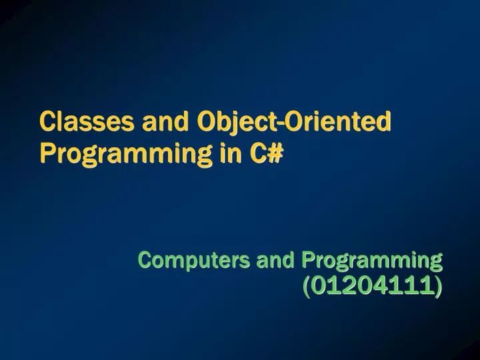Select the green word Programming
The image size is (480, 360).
point(372,260)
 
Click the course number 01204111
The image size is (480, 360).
point(373,287)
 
